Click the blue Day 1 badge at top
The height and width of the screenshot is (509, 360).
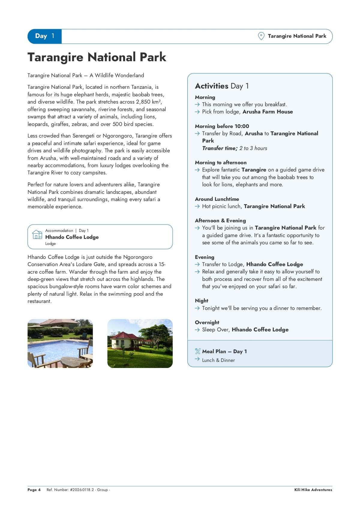44,36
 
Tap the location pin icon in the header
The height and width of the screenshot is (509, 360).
261,36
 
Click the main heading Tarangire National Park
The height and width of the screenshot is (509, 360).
97,57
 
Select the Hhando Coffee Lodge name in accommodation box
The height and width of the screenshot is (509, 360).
72,237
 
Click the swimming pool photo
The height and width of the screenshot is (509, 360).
60,343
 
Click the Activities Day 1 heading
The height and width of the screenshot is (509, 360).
222,86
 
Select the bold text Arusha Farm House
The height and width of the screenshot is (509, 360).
268,112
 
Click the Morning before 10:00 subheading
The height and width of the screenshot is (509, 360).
222,126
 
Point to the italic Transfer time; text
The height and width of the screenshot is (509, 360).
220,148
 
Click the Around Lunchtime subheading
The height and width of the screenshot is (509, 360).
217,199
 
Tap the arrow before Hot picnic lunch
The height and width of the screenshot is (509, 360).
197,206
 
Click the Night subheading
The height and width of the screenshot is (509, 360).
202,301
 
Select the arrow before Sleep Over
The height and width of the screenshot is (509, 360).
197,330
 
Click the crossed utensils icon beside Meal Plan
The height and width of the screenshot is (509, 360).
197,351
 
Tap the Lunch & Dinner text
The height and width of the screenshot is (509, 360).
218,360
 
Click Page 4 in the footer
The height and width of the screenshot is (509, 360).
34,490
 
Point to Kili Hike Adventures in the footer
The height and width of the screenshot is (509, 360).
313,490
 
